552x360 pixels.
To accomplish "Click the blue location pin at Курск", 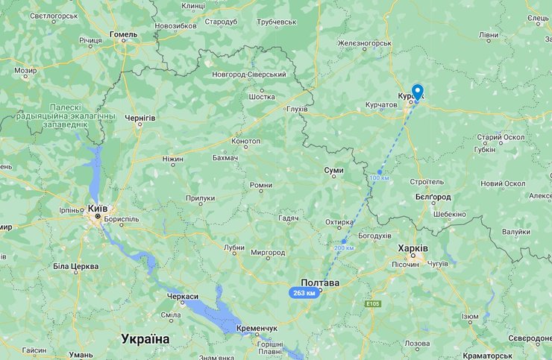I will click(417, 92).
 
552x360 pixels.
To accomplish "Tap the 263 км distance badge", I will click(304, 293).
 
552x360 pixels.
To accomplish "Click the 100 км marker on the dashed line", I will click(379, 177).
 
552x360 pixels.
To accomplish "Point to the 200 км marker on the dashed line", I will click(344, 247).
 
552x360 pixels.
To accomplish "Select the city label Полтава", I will click(320, 283).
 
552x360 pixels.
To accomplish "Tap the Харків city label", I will click(413, 248).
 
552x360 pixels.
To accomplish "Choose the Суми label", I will click(334, 171).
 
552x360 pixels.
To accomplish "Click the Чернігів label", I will click(139, 118).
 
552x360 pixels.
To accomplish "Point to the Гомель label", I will click(123, 34).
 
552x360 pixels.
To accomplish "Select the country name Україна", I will click(145, 339).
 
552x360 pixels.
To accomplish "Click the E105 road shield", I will click(374, 304).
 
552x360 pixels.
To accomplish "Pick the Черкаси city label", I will click(183, 297).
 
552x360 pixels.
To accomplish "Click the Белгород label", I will click(433, 197).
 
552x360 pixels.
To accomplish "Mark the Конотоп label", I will click(246, 141).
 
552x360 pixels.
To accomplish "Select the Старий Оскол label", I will click(501, 138).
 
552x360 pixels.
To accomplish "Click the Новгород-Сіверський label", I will click(249, 75).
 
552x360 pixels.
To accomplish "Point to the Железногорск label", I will click(364, 43).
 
